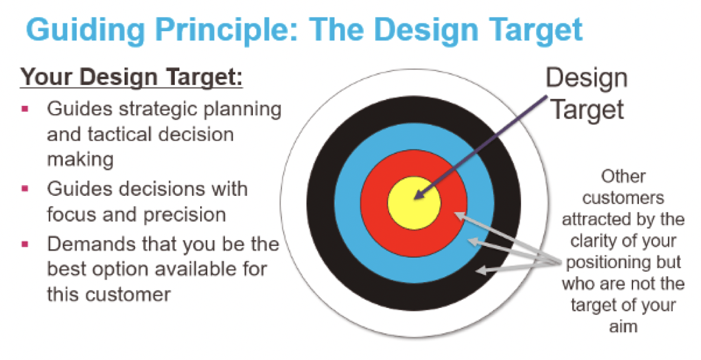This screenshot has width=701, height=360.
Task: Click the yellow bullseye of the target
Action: (414, 203)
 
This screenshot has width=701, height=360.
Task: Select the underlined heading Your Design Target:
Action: (131, 77)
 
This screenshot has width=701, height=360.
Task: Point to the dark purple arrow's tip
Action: (415, 198)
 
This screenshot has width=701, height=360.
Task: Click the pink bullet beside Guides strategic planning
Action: (25, 108)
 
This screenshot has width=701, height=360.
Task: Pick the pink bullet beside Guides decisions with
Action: (25, 189)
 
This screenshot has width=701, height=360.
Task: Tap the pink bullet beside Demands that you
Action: (25, 244)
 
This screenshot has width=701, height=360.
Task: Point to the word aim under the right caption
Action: (623, 326)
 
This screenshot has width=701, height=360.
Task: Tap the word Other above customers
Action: (623, 176)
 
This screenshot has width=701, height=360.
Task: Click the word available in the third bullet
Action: (200, 269)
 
